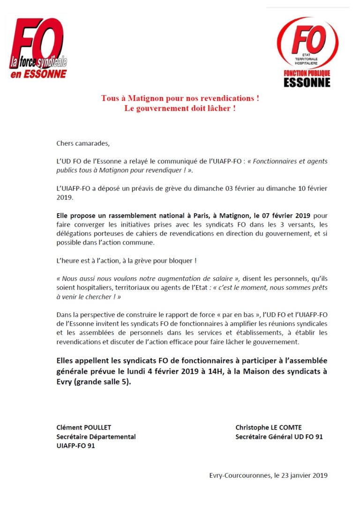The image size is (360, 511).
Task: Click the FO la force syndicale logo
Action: click(x=39, y=49)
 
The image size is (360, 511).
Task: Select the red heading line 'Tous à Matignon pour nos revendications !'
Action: click(x=180, y=98)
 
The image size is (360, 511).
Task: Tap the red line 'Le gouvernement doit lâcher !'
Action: click(x=180, y=108)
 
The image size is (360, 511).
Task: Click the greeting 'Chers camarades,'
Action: click(x=82, y=143)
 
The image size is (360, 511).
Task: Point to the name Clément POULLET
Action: click(x=83, y=427)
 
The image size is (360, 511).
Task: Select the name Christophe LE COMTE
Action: click(x=268, y=427)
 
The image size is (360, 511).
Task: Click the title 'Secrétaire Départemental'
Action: click(x=96, y=437)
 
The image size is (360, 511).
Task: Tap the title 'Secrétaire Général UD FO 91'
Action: click(x=279, y=437)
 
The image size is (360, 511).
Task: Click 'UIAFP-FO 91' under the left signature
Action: click(x=75, y=446)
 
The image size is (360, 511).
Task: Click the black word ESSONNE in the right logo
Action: click(x=307, y=83)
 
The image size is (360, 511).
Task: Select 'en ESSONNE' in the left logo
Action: click(x=39, y=74)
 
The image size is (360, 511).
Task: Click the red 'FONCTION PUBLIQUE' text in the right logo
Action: click(x=307, y=74)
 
